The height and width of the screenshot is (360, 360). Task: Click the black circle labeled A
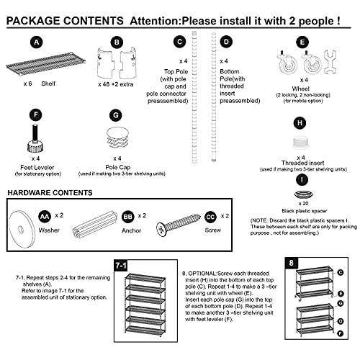37,42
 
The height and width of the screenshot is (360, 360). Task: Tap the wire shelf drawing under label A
46,64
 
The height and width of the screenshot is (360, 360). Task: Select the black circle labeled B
117,42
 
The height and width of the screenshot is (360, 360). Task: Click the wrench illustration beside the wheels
330,62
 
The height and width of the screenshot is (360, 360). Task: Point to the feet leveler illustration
35,138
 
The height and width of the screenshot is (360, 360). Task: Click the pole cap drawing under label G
117,138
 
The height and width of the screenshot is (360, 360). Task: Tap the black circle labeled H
300,123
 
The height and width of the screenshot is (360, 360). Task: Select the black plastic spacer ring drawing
304,194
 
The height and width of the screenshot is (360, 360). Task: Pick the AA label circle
45,217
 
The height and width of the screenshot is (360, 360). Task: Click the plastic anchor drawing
94,225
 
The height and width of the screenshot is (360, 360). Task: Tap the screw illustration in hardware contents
179,225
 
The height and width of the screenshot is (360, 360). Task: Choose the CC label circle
210,217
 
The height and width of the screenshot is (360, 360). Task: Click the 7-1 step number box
121,266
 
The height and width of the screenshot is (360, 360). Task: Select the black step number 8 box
292,263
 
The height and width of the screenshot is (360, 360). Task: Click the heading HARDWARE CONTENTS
50,193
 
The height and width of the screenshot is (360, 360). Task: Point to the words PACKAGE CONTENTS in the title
65,21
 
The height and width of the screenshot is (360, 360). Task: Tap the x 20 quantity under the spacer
303,204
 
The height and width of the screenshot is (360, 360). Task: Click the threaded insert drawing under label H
300,143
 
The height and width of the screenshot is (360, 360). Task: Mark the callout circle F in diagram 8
341,333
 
